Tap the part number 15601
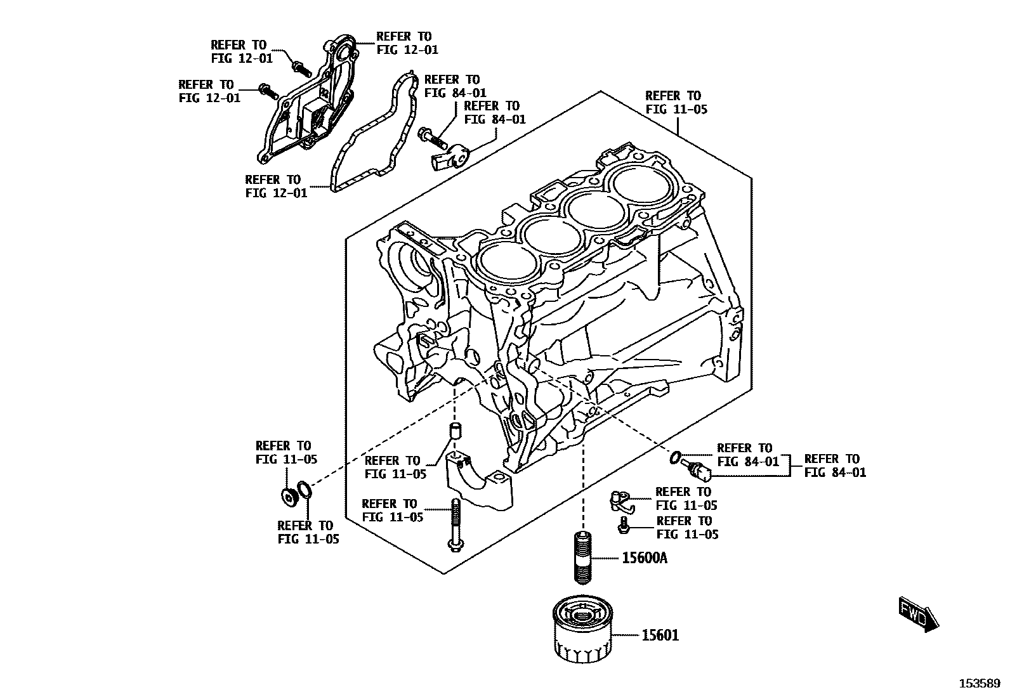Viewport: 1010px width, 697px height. pos(660,635)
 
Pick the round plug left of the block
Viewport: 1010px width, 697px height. pos(289,497)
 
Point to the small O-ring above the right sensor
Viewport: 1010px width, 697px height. pos(676,456)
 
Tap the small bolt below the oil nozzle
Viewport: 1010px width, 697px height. pos(624,524)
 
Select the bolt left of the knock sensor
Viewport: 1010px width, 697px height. pos(432,136)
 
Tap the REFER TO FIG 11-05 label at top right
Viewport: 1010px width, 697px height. pos(676,103)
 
